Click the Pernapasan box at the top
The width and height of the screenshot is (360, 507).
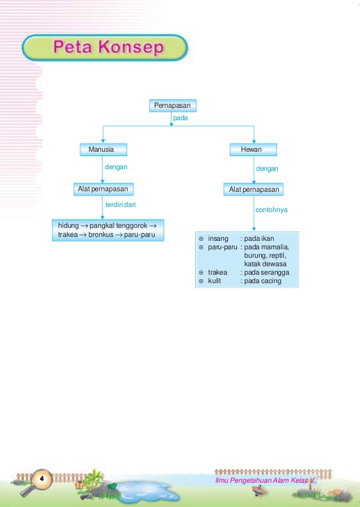[x=173, y=105]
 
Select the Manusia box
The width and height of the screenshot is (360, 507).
[x=102, y=149]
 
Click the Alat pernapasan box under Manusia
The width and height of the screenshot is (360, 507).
[x=102, y=188]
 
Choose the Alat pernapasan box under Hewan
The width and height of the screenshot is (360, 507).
[x=253, y=189]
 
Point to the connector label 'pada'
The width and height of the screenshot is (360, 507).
[x=180, y=119]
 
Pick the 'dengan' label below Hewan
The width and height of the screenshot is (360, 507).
[x=267, y=169]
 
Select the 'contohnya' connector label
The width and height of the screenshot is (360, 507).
[x=271, y=210]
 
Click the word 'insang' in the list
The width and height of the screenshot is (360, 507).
[x=218, y=239]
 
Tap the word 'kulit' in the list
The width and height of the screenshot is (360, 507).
[x=214, y=281]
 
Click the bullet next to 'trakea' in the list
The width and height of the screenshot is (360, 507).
[x=201, y=272]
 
